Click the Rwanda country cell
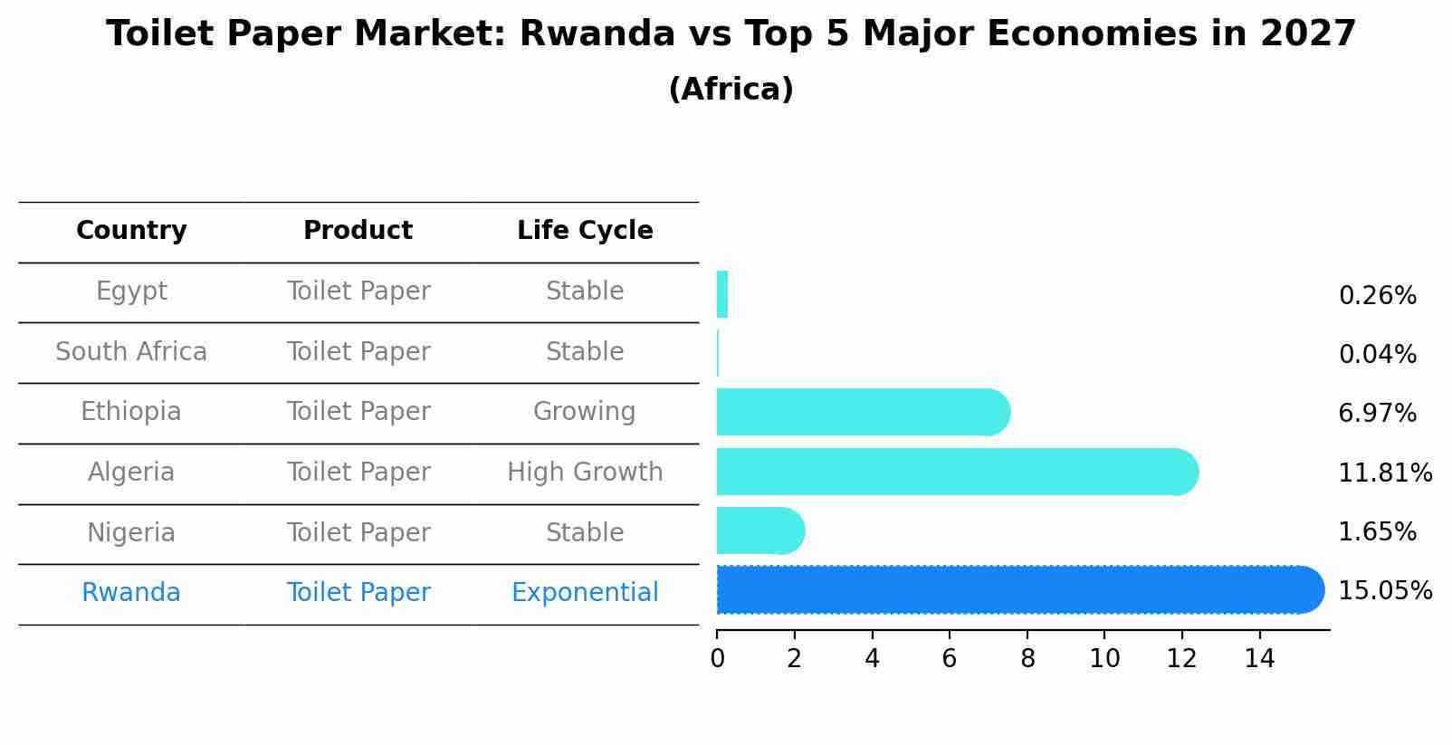[131, 593]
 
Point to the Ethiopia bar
[860, 413]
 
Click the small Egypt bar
[722, 295]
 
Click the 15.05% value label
[1384, 591]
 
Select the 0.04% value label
[1377, 355]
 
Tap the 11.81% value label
[1384, 473]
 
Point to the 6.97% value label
[1377, 414]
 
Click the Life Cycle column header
[585, 231]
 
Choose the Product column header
[358, 231]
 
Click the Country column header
[131, 231]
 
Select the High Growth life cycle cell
[585, 473]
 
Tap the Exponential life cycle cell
[585, 593]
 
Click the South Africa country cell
[131, 352]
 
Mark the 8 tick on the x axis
[1027, 659]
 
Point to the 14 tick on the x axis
[1259, 659]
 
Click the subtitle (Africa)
[731, 90]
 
